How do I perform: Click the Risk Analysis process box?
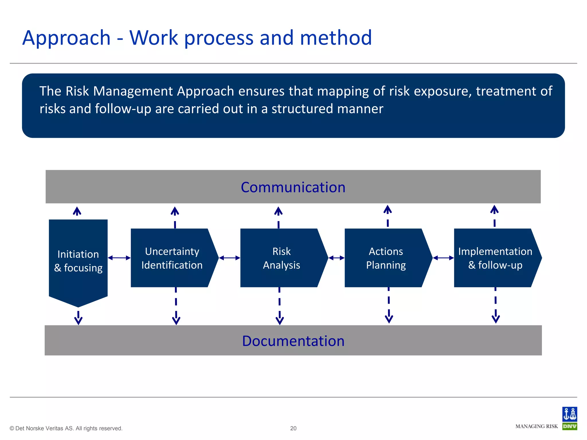pyautogui.click(x=281, y=258)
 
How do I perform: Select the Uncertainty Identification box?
pyautogui.click(x=172, y=258)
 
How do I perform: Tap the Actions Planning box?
pyautogui.click(x=386, y=258)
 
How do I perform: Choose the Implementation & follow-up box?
pyautogui.click(x=495, y=258)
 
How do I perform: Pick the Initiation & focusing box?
pyautogui.click(x=78, y=261)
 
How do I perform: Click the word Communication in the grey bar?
pyautogui.click(x=293, y=187)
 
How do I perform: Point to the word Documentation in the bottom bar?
pyautogui.click(x=293, y=341)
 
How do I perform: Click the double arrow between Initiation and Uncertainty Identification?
pyautogui.click(x=119, y=258)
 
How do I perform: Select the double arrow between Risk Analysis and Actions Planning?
pyautogui.click(x=336, y=258)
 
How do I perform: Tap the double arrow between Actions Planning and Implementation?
pyautogui.click(x=443, y=258)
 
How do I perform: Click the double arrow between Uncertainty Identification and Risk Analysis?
pyautogui.click(x=229, y=258)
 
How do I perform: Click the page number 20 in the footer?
pyautogui.click(x=293, y=428)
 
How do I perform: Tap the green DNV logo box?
pyautogui.click(x=570, y=426)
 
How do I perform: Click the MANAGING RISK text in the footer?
pyautogui.click(x=537, y=426)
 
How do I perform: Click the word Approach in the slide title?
pyautogui.click(x=66, y=38)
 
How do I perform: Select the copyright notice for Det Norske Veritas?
pyautogui.click(x=66, y=428)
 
